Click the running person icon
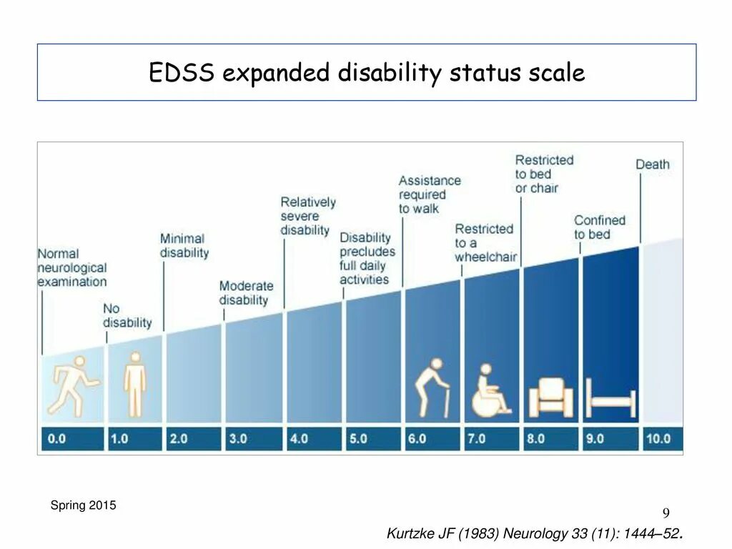[71, 385]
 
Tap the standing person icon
[134, 383]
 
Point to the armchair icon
[550, 397]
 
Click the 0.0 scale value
[57, 438]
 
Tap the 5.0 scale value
[357, 438]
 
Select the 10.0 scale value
[657, 438]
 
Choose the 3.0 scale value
[237, 438]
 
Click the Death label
[653, 164]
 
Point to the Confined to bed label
[599, 227]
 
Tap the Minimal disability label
[184, 245]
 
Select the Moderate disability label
[246, 293]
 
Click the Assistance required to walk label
[430, 194]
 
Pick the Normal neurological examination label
[71, 267]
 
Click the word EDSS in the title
[182, 73]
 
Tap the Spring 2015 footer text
[83, 505]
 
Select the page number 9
[666, 513]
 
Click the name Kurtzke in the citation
[410, 533]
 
